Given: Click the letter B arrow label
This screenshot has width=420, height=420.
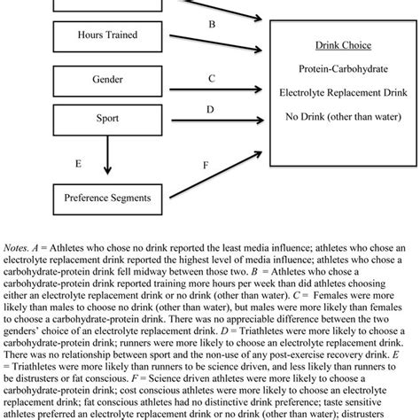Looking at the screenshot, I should pos(211,25).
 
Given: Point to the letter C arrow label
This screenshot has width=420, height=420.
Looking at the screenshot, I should pos(211,78).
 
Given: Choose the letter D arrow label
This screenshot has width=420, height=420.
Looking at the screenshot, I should pos(211,109).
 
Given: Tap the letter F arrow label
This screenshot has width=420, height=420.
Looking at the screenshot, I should pos(206,164).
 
